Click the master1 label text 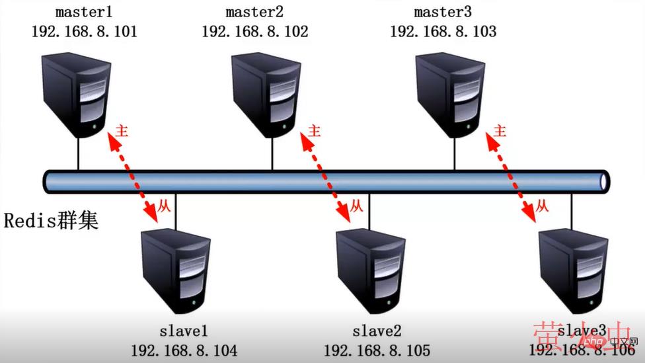pyautogui.click(x=84, y=13)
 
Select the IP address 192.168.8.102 pyautogui.click(x=254, y=31)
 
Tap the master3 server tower pyautogui.click(x=448, y=96)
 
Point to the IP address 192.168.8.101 pyautogui.click(x=84, y=31)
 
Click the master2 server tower pyautogui.click(x=264, y=96)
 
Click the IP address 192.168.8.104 pyautogui.click(x=184, y=350)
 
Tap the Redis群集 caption pyautogui.click(x=52, y=220)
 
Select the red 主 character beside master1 pyautogui.click(x=122, y=130)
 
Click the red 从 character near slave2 pyautogui.click(x=356, y=206)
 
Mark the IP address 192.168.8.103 pyautogui.click(x=443, y=31)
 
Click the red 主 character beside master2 pyautogui.click(x=315, y=131)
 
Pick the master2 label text pyautogui.click(x=254, y=13)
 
